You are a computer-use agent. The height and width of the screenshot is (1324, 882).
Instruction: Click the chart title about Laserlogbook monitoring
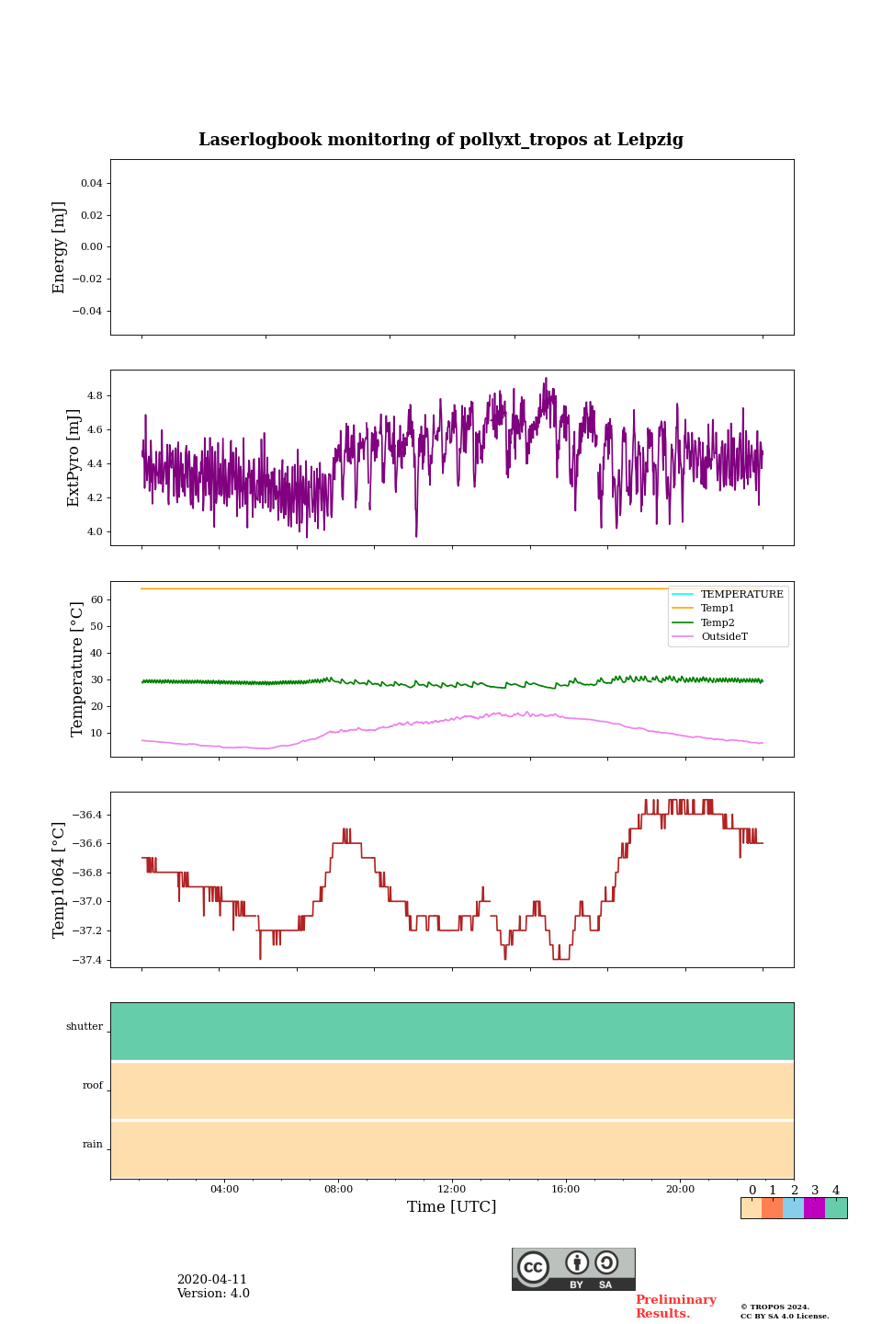441,140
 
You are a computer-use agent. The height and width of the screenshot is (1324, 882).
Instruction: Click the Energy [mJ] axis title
60,247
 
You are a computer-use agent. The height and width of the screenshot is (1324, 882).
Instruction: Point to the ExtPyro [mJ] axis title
74,458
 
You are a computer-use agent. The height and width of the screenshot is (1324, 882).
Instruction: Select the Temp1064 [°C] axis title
60,880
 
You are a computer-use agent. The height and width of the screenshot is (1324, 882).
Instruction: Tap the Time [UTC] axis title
452,1206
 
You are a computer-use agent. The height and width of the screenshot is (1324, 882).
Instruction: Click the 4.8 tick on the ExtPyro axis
94,395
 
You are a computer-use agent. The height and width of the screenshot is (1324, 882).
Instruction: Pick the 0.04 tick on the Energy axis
92,184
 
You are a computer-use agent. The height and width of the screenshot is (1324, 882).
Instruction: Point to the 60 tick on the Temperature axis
96,599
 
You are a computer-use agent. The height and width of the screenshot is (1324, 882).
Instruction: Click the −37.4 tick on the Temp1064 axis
87,960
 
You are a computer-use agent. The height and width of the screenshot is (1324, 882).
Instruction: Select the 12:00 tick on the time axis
452,1189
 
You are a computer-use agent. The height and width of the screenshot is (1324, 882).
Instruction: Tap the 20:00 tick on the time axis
680,1189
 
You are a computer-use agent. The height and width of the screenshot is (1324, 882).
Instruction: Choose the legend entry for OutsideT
724,637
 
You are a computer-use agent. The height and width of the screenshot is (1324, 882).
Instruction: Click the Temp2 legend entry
718,622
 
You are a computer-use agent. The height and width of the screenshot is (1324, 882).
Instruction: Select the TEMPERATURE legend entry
741,594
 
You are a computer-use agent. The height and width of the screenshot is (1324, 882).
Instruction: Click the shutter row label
85,1027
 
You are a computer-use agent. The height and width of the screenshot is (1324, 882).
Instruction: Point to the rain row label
93,1145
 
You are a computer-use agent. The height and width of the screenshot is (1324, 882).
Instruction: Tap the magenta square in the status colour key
814,1208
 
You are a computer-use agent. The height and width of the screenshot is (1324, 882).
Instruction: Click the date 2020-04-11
212,1280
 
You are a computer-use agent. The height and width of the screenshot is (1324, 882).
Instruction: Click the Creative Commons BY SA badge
573,1269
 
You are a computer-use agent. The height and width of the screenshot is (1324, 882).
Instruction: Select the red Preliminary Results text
675,1307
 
